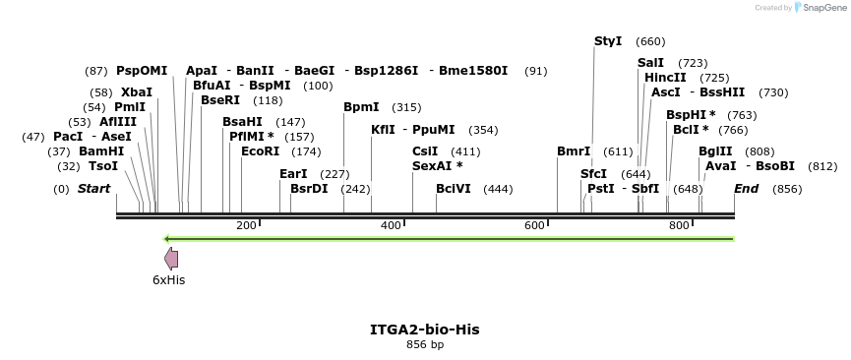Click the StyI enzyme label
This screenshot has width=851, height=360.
608,41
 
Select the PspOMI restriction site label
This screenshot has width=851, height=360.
142,71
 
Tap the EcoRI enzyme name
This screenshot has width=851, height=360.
260,151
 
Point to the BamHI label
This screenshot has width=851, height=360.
101,151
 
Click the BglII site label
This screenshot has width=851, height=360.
715,151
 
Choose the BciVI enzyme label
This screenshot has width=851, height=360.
454,189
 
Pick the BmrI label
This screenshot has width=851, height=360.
574,151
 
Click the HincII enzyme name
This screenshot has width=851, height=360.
665,78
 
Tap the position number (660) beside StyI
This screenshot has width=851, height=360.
650,41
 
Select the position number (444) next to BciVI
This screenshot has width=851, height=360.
498,189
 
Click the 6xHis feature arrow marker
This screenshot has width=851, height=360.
171,259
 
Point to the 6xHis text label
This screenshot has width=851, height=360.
168,279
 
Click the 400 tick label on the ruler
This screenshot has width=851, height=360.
391,226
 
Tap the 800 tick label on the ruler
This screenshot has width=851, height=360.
679,226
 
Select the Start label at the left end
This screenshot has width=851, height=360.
93,189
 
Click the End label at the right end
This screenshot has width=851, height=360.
747,189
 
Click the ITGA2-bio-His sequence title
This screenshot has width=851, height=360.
425,329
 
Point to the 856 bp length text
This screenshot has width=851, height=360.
425,344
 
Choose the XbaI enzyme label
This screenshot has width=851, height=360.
137,92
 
